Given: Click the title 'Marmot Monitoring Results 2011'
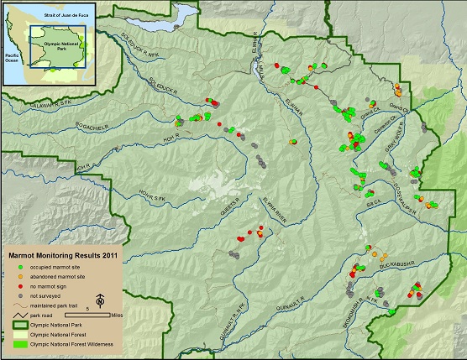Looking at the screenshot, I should (63, 254).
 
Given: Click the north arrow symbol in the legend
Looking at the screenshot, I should (100, 300).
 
